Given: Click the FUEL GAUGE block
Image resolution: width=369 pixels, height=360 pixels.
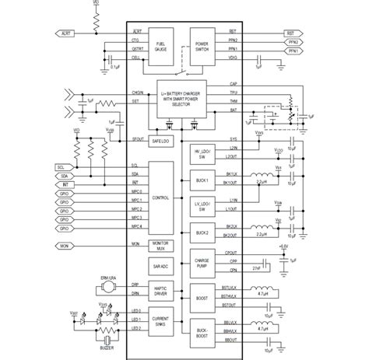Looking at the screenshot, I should coord(160,46).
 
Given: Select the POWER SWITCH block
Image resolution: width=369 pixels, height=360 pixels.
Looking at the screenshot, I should coord(201,46).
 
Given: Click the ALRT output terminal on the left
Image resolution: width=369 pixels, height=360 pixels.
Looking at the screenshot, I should coord(65,33).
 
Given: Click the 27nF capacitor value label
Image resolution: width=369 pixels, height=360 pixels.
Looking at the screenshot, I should coord(255,267).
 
